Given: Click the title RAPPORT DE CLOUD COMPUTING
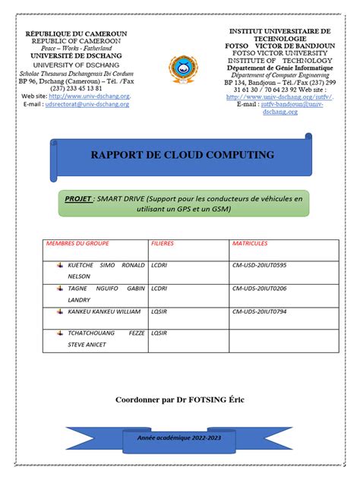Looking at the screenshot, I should pyautogui.click(x=182, y=155).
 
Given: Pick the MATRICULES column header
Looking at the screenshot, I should pyautogui.click(x=250, y=245).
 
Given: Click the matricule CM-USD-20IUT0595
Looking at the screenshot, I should pyautogui.click(x=259, y=267).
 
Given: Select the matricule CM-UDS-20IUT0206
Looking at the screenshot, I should pyautogui.click(x=259, y=289).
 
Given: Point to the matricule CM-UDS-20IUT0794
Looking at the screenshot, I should pyautogui.click(x=259, y=311).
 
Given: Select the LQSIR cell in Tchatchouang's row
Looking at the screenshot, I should pyautogui.click(x=159, y=333).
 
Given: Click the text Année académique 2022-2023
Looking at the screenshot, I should pyautogui.click(x=181, y=438).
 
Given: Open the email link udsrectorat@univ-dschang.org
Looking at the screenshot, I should pyautogui.click(x=87, y=104).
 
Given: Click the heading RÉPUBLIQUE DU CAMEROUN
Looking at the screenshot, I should pyautogui.click(x=76, y=34).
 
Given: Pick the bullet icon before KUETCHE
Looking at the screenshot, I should pyautogui.click(x=59, y=267).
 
